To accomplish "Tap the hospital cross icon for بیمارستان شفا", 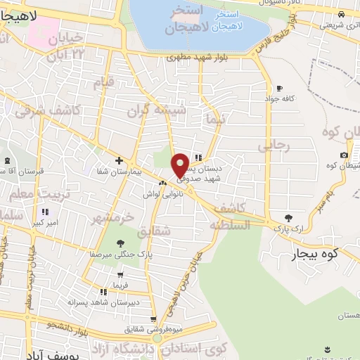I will click(119, 160).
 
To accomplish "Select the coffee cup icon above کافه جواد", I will click(280, 88).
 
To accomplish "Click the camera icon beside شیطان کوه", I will click(343, 155).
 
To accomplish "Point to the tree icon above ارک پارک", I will click(288, 217).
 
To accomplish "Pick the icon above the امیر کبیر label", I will click(45, 212).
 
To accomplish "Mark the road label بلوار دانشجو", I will click(69, 325).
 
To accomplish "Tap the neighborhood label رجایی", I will click(274, 146).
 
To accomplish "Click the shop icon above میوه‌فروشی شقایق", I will click(156, 338).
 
